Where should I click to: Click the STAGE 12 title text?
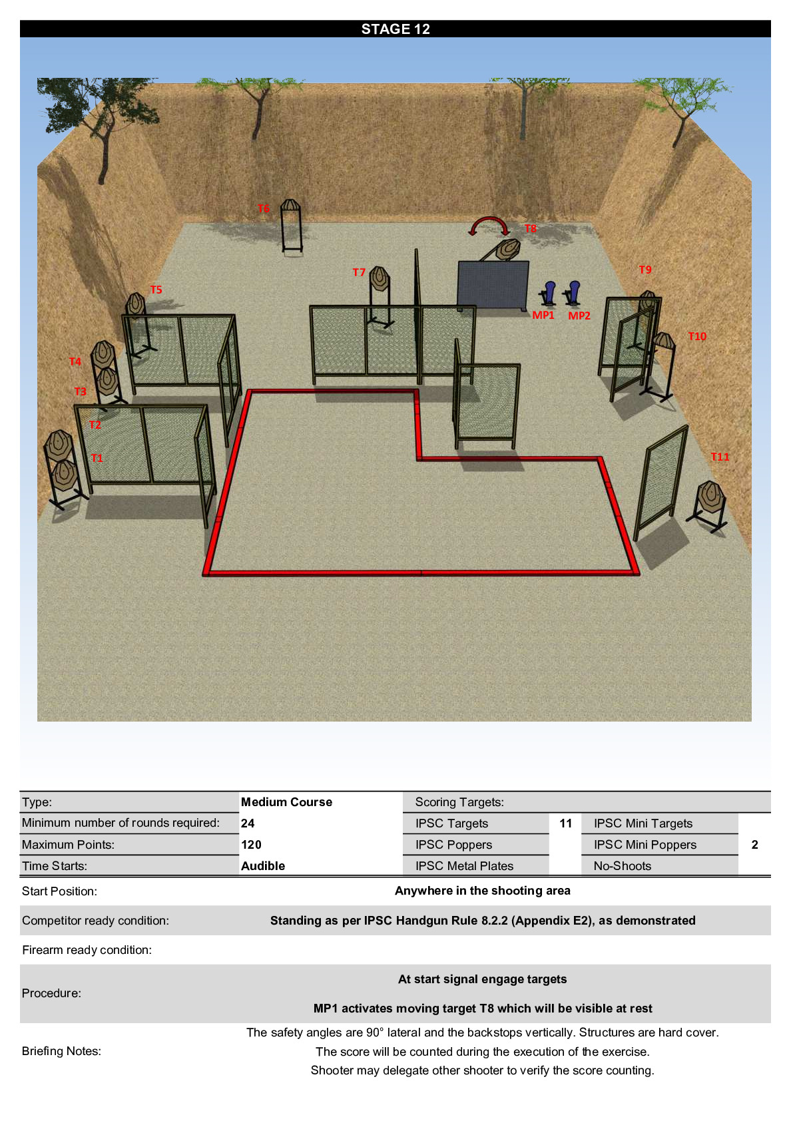(396, 29)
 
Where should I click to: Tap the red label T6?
(263, 208)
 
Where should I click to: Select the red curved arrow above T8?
(489, 223)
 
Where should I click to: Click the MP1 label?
(543, 315)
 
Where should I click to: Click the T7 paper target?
(380, 279)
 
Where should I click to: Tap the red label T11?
(720, 457)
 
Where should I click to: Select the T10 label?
(697, 336)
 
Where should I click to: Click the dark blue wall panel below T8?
(493, 285)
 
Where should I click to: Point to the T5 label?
(156, 290)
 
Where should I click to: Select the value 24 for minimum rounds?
(248, 823)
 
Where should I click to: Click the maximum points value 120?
(251, 845)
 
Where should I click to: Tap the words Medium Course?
(286, 802)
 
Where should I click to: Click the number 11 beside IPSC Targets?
(566, 823)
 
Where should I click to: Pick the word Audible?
(263, 866)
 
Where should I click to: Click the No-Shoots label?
(623, 866)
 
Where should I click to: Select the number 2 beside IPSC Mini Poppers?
(754, 845)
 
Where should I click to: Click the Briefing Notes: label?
(61, 1051)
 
